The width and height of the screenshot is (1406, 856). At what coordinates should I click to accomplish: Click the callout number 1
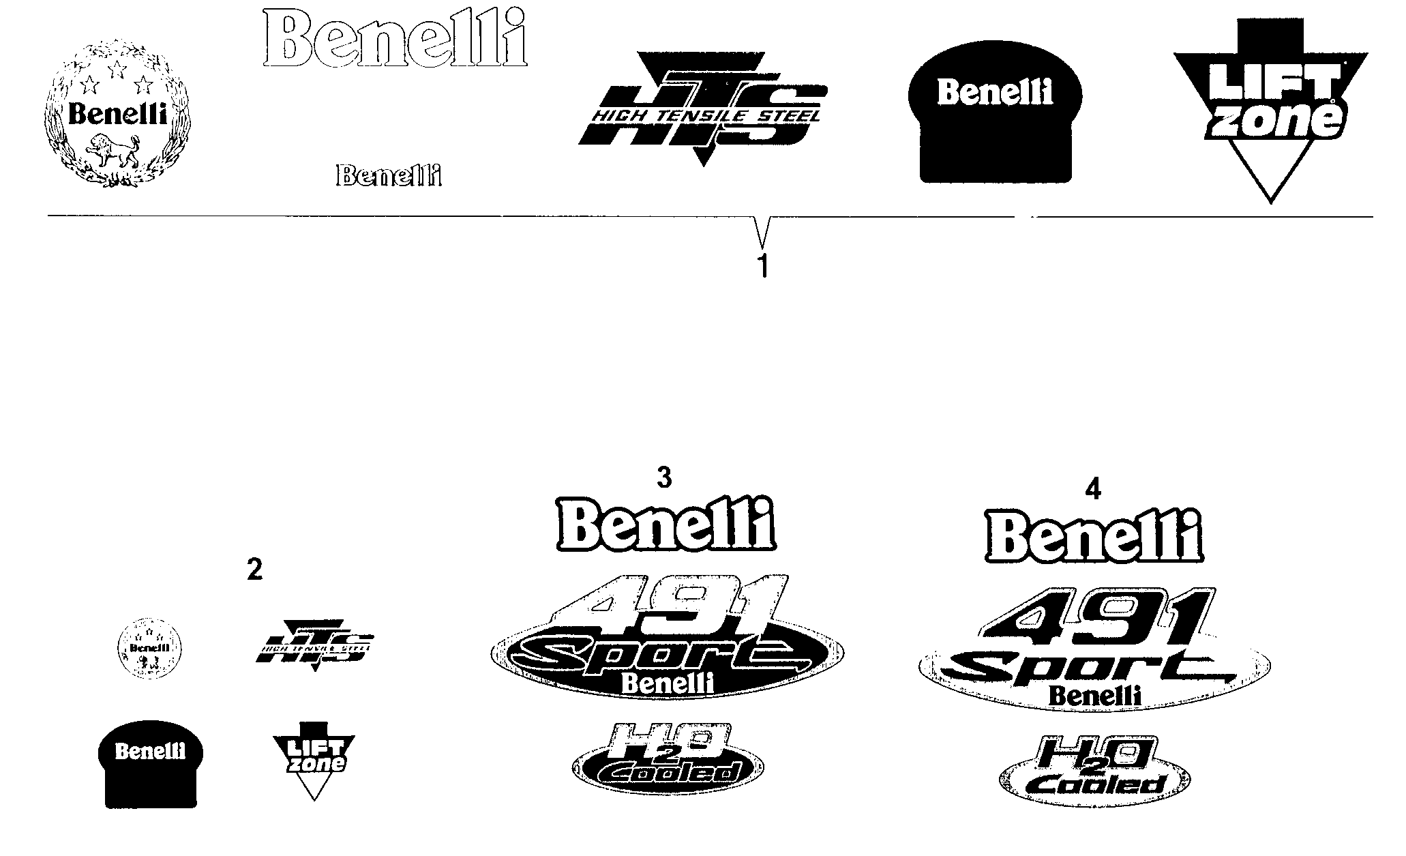tap(763, 266)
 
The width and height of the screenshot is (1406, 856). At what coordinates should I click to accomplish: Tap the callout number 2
tap(254, 569)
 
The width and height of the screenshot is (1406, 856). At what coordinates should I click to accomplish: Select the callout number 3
tap(663, 478)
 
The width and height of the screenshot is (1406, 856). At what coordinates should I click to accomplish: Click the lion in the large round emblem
tap(115, 151)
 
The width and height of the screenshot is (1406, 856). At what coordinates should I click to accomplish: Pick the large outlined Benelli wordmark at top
tap(395, 38)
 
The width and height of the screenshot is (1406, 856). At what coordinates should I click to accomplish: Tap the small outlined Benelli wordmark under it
tap(389, 176)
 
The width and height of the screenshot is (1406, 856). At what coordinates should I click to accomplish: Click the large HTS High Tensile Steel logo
tap(702, 109)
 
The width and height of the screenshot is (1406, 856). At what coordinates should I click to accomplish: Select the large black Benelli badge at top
tap(996, 119)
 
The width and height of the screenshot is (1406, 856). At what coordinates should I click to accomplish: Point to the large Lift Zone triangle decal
tap(1270, 109)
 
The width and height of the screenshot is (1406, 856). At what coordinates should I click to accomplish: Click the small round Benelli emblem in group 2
tap(149, 647)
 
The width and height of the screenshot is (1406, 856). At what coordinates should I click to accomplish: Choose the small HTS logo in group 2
tap(314, 645)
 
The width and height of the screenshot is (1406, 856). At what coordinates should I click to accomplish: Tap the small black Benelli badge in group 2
tap(151, 764)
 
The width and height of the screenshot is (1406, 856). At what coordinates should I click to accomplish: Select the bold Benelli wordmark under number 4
tap(1094, 536)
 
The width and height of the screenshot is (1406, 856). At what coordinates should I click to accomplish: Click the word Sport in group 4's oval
tap(1084, 668)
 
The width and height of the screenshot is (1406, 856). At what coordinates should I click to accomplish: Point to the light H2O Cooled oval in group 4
tap(1095, 771)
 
